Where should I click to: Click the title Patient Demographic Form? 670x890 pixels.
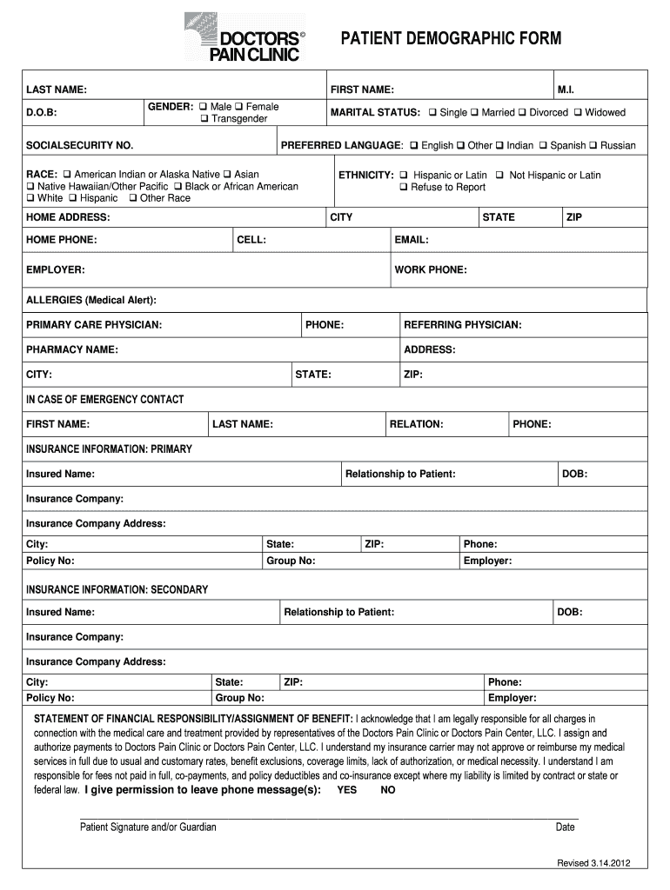pyautogui.click(x=450, y=38)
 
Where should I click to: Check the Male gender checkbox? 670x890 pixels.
pyautogui.click(x=203, y=107)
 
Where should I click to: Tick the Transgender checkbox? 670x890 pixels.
pyautogui.click(x=204, y=119)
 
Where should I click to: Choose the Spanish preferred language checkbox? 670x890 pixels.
pyautogui.click(x=543, y=146)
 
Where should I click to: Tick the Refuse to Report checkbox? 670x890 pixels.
pyautogui.click(x=404, y=188)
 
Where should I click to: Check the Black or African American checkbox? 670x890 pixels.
pyautogui.click(x=178, y=187)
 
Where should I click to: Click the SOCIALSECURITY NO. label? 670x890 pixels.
pyautogui.click(x=79, y=145)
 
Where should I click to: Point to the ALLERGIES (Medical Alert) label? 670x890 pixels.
pyautogui.click(x=91, y=300)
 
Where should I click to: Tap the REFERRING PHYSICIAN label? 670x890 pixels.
pyautogui.click(x=462, y=325)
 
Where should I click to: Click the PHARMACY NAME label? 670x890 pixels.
pyautogui.click(x=72, y=349)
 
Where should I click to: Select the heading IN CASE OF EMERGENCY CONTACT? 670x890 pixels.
pyautogui.click(x=104, y=400)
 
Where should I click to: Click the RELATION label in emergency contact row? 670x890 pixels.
pyautogui.click(x=416, y=424)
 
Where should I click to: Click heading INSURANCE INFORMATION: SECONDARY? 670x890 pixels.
pyautogui.click(x=117, y=589)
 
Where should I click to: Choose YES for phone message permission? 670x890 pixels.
pyautogui.click(x=346, y=790)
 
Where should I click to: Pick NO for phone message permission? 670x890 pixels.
pyautogui.click(x=388, y=790)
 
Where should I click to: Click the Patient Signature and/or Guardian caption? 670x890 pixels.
pyautogui.click(x=148, y=827)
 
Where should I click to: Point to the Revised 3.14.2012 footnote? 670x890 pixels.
pyautogui.click(x=593, y=863)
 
